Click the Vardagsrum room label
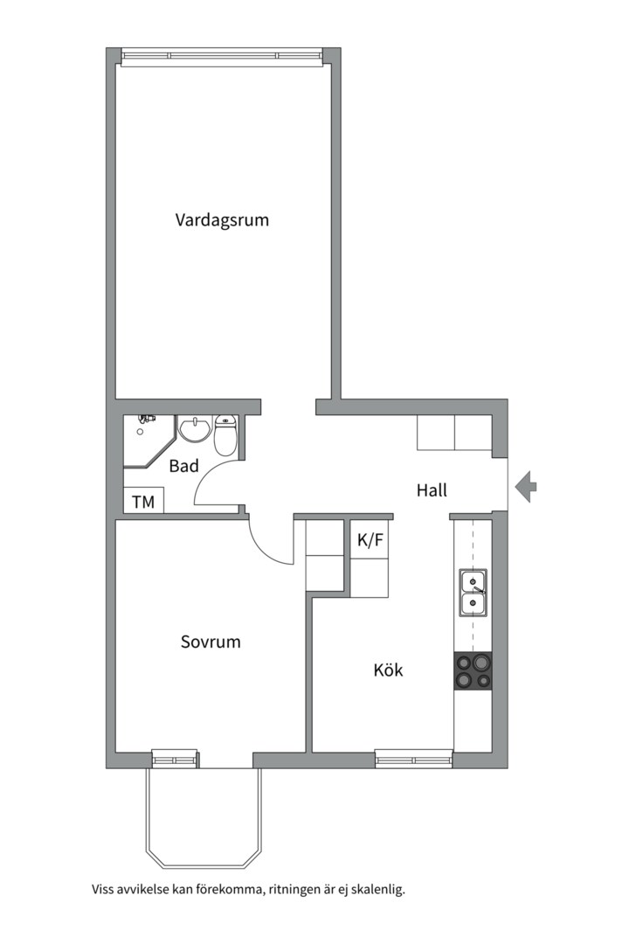coord(222,219)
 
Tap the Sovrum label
coord(211,642)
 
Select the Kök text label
coord(388,670)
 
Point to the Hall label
coord(432,490)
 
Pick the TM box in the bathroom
coord(143,501)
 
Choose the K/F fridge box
coord(370,539)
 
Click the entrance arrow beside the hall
coord(526,487)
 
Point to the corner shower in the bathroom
coord(149,441)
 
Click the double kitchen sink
coord(473,593)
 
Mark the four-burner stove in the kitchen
coord(473,671)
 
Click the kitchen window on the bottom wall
coord(414,759)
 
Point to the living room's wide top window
coord(223,56)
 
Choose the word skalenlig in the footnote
coord(380,890)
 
